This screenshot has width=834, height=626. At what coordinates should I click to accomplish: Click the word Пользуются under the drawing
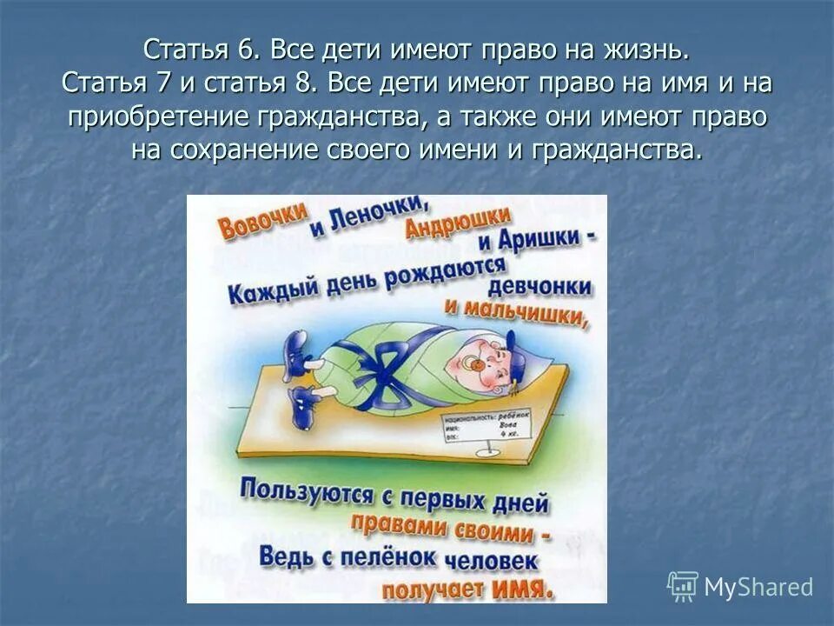click(301, 493)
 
